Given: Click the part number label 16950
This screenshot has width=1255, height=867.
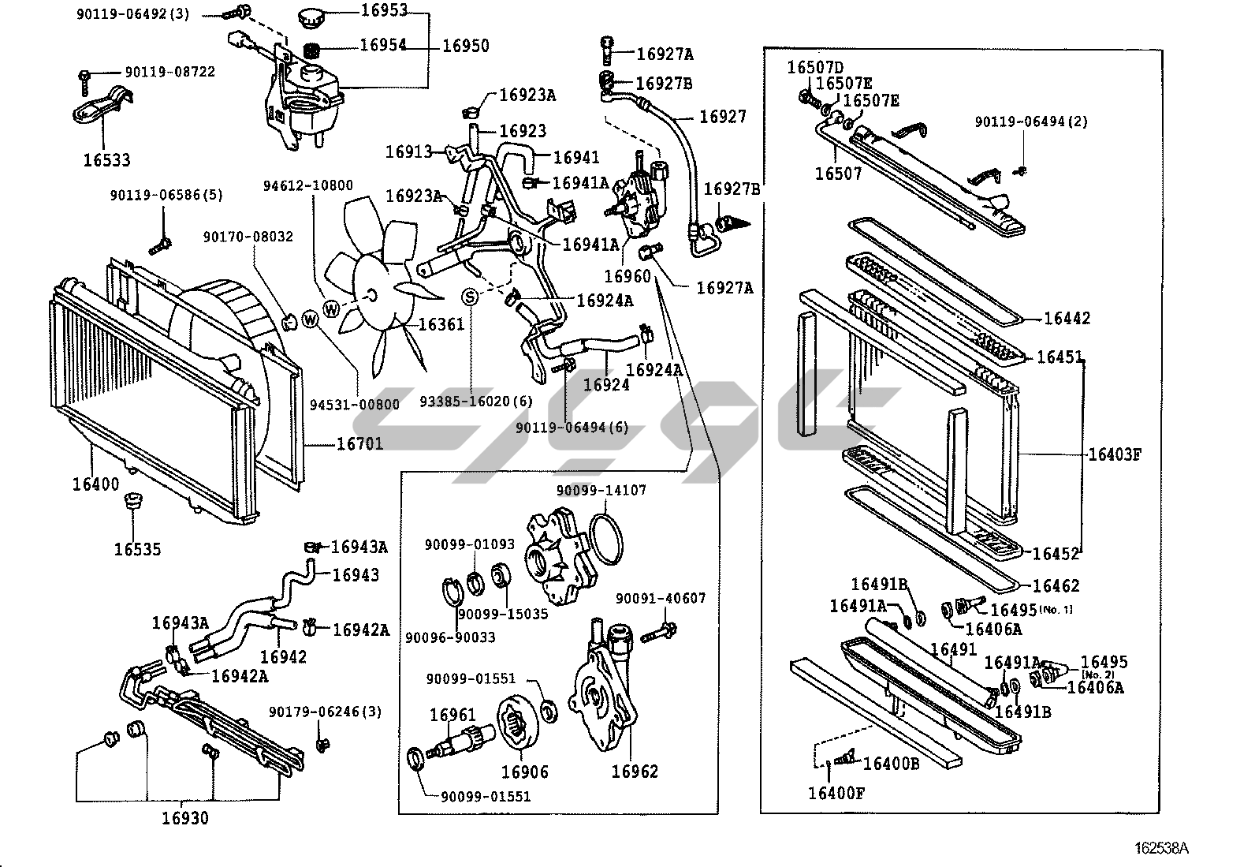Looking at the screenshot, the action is pos(466,46).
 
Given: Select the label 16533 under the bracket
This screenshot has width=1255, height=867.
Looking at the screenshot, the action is pos(106,160).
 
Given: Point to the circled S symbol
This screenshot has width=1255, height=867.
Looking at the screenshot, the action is pos(470,297).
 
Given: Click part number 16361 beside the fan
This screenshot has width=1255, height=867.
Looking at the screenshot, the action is pos(441,324).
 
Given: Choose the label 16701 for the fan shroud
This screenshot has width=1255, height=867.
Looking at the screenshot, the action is pos(359,443).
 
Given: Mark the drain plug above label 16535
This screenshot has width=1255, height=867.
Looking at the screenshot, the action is pos(133,499).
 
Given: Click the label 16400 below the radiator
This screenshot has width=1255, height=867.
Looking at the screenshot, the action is pos(95,484).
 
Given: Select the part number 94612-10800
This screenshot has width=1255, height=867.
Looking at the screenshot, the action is pos(308,185).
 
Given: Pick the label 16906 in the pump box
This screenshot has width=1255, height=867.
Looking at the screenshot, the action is pos(524,772).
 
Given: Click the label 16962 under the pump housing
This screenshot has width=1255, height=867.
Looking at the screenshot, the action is pos(635,771).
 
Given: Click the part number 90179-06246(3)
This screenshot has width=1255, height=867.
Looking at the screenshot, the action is pos(325,712).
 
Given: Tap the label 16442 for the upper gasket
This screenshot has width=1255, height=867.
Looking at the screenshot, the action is pos(1067,318).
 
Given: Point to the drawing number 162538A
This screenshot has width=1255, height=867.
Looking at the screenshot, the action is pos(1161,848).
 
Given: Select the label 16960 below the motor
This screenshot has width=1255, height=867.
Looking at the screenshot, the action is pos(627,276).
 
